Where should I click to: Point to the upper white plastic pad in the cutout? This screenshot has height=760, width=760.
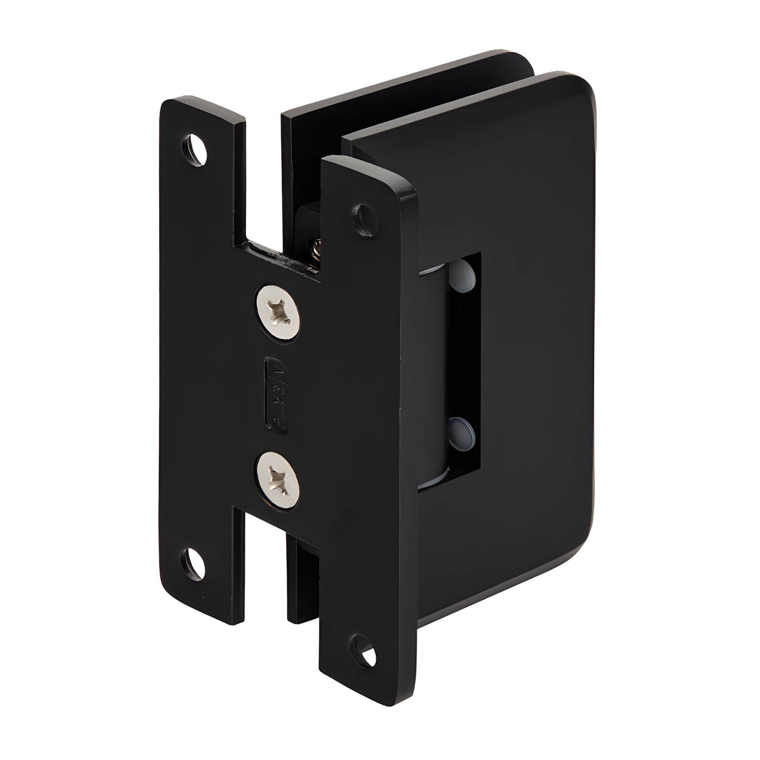tap(464, 275)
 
